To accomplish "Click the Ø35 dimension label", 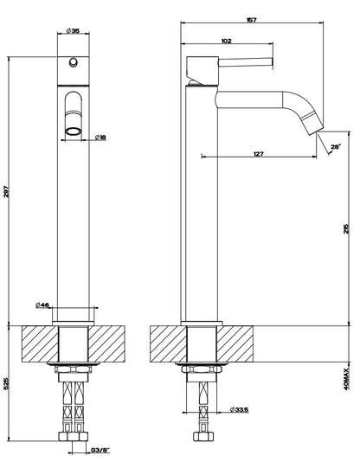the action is coord(73,30).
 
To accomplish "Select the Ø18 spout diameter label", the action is coord(100,137).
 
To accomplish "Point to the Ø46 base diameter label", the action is coord(42,305).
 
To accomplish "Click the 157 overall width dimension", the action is coord(251,20).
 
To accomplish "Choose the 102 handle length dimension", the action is coord(226,41).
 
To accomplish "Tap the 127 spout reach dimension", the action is coord(258,153).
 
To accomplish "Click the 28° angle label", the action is coord(336,146).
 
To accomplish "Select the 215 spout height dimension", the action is coord(346,229).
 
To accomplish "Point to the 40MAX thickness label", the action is coord(346,379).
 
